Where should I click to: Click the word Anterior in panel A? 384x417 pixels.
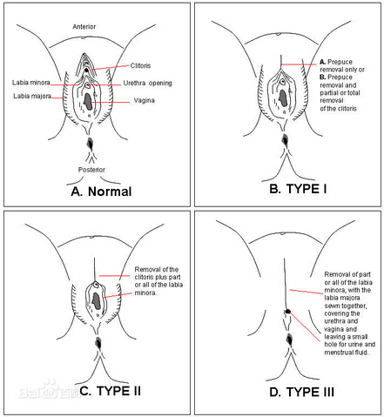(84, 27)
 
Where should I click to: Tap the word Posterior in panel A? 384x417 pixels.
(91, 170)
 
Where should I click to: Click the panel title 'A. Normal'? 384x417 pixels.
(101, 192)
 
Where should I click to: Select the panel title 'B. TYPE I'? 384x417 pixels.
(298, 189)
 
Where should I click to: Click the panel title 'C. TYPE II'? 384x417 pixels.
(110, 391)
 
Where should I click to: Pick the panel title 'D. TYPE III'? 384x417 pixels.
(302, 392)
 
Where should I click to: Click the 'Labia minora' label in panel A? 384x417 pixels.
(31, 83)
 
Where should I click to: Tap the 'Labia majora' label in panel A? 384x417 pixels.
(32, 96)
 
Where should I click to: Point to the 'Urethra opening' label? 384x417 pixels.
(147, 84)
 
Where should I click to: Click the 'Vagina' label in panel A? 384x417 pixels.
(144, 100)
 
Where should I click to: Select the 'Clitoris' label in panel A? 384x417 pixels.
(140, 65)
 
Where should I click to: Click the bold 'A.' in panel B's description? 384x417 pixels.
(322, 62)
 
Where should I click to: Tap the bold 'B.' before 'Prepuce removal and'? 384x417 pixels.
(322, 77)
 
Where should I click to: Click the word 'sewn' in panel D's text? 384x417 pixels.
(332, 306)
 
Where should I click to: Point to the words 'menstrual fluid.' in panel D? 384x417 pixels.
(347, 353)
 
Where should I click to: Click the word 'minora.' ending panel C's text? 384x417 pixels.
(145, 293)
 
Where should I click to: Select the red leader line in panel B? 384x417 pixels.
(299, 64)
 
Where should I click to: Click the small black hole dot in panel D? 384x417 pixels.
(287, 312)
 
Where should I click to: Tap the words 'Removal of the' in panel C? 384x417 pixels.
(157, 269)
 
